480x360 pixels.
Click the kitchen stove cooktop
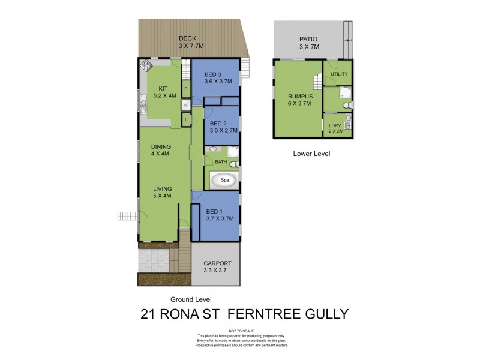(x=146, y=67)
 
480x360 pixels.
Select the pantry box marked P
(x=186, y=89)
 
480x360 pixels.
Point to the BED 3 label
(x=214, y=74)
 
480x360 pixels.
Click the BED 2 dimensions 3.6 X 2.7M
(x=224, y=130)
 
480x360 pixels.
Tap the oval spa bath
(x=224, y=180)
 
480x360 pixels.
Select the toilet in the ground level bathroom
(x=235, y=163)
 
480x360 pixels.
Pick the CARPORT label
(x=217, y=263)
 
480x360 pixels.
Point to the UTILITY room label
(x=339, y=74)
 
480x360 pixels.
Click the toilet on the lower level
(x=344, y=107)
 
